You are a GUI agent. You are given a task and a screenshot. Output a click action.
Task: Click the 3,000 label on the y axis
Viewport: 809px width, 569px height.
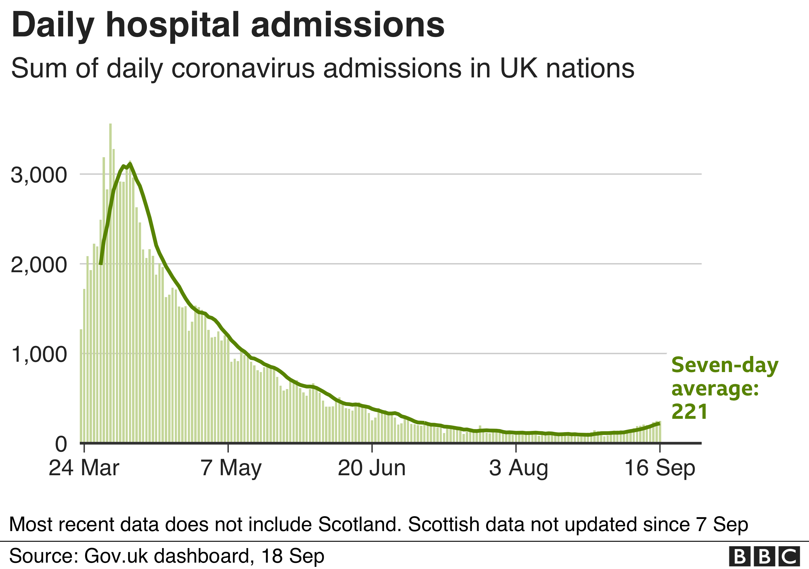pyautogui.click(x=39, y=175)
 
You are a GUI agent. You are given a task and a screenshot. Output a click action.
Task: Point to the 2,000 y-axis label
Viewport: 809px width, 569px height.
pyautogui.click(x=39, y=265)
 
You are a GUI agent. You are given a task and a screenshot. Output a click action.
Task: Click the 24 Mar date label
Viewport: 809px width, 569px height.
pyautogui.click(x=84, y=468)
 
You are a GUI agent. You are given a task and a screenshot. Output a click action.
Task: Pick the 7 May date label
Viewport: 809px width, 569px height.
pyautogui.click(x=231, y=468)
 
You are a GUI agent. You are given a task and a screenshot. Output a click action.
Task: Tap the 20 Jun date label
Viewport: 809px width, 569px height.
pyautogui.click(x=372, y=468)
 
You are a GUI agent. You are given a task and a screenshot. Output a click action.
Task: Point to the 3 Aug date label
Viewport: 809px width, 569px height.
pyautogui.click(x=518, y=468)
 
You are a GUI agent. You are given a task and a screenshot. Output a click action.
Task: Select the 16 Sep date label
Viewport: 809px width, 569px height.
pyautogui.click(x=660, y=468)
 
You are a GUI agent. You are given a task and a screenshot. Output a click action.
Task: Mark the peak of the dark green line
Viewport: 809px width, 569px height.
pyautogui.click(x=130, y=164)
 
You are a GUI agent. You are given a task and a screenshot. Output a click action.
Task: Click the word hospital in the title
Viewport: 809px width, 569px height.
pyautogui.click(x=173, y=25)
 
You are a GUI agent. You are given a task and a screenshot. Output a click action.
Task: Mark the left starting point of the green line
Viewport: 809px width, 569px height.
pyautogui.click(x=101, y=263)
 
